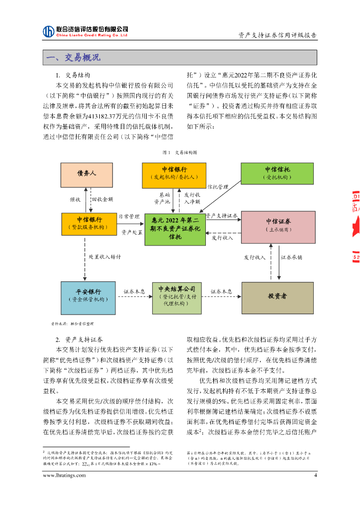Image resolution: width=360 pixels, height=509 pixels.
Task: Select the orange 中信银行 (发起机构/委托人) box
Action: (x=174, y=173)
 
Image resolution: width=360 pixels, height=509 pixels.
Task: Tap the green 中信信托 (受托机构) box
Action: (x=277, y=172)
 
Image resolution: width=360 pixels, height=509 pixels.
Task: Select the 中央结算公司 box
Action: (x=178, y=296)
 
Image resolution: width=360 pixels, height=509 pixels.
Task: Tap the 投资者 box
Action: (x=277, y=296)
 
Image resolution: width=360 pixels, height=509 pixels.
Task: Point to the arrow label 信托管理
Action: (x=218, y=187)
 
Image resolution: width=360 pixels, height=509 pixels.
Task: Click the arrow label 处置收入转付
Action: (x=105, y=257)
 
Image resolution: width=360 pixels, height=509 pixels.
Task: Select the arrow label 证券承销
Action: (x=291, y=257)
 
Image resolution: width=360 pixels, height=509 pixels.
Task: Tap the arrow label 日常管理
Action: (x=128, y=217)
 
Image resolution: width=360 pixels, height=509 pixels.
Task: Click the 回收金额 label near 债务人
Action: (x=102, y=199)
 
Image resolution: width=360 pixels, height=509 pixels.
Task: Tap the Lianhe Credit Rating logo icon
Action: (x=48, y=31)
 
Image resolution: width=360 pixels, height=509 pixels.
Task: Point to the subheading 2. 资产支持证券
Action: (x=80, y=339)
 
